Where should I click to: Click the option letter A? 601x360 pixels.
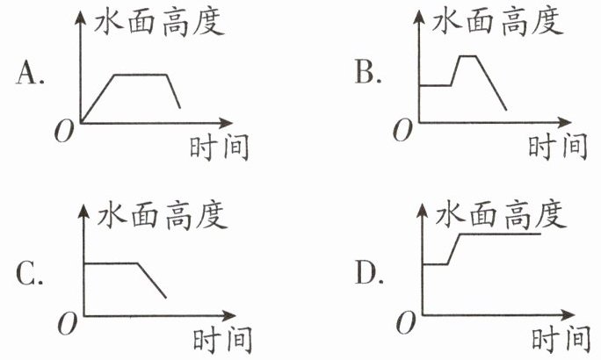(x=31, y=76)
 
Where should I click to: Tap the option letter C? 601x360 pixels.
(x=31, y=275)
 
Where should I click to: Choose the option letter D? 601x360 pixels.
(x=368, y=275)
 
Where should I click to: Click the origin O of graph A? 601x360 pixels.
(x=62, y=133)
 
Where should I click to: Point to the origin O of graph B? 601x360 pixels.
(x=402, y=132)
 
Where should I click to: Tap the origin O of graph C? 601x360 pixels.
(x=62, y=327)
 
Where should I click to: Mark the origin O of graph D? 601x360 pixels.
(x=402, y=326)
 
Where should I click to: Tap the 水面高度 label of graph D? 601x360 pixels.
(x=497, y=213)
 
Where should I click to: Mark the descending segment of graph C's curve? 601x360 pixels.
(x=152, y=280)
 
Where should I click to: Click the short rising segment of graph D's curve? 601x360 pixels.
(x=454, y=248)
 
